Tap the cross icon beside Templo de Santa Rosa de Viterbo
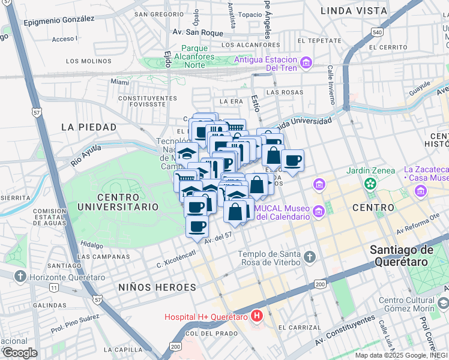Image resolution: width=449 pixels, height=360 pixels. (x=310, y=257)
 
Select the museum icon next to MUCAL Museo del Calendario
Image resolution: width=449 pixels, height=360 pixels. (x=320, y=210)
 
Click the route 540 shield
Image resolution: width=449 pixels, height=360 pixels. (x=377, y=32)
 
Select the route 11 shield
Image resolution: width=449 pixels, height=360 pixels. (x=53, y=288)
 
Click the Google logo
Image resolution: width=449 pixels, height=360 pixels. (x=20, y=352)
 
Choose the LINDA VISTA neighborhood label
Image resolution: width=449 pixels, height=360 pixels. (x=354, y=11)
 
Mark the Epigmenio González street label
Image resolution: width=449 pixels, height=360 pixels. (x=59, y=20)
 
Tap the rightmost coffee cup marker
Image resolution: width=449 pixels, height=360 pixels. (x=292, y=161)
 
